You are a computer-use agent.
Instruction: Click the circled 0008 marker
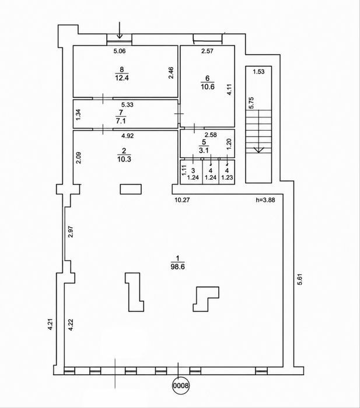point(181,385)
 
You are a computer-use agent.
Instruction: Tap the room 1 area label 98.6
point(178,267)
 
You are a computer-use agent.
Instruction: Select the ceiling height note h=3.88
point(265,200)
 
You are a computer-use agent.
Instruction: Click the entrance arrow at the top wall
point(120,30)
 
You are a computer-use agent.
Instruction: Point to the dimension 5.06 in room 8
point(120,51)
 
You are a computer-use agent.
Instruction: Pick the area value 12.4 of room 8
point(122,78)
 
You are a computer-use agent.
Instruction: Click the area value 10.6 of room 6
point(208,86)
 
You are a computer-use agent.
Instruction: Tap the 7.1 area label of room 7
point(121,121)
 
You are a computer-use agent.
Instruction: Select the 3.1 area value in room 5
point(204,151)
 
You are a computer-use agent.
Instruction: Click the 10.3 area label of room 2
point(124,159)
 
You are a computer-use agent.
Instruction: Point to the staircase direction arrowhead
point(258,150)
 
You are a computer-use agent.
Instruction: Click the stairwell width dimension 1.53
point(258,72)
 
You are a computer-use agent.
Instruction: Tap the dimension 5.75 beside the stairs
point(251,103)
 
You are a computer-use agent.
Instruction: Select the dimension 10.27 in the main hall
point(182,200)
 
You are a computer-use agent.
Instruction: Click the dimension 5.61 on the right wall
point(300,280)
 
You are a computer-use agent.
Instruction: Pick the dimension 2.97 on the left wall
point(71,232)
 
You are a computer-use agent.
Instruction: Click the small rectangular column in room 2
point(131,189)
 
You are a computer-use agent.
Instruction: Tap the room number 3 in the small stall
point(193,170)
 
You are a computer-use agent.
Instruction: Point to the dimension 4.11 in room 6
point(229,89)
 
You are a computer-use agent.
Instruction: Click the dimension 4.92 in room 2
point(127,135)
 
